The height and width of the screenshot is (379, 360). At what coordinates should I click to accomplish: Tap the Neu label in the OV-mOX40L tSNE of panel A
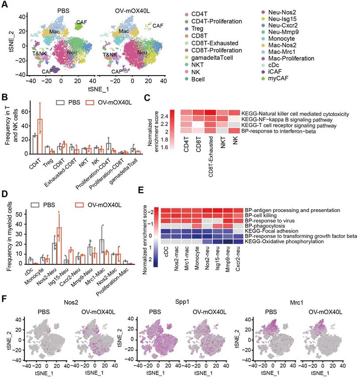[x=142, y=53]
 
